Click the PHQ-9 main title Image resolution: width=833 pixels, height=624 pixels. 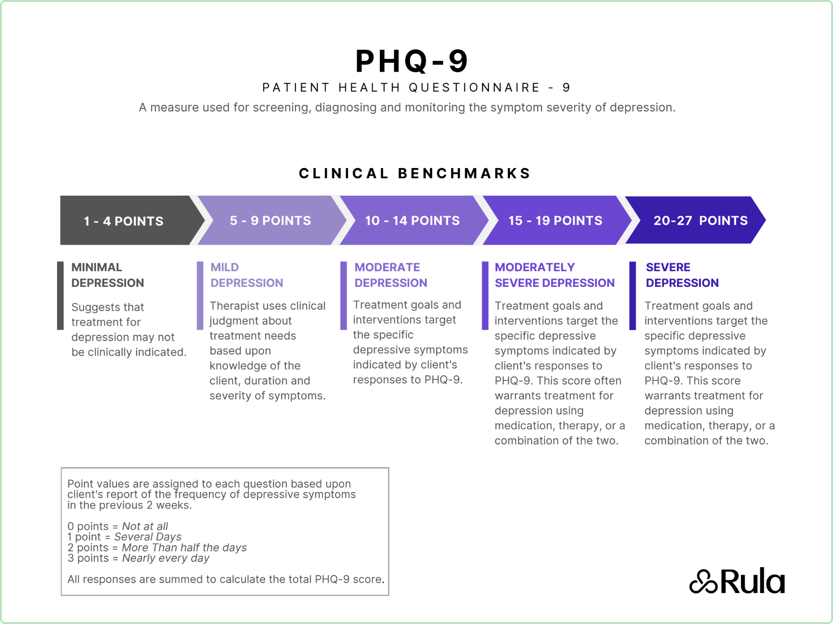coord(412,61)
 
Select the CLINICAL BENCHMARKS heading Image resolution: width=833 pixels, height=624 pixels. coord(415,173)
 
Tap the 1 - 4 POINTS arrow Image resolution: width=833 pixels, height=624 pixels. coord(124,221)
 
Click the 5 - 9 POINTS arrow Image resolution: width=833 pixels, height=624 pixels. coord(270,220)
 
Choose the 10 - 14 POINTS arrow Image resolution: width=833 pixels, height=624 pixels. coord(412,220)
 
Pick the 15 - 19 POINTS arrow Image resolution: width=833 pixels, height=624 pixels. coord(555,220)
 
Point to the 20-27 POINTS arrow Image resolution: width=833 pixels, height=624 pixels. coord(700,220)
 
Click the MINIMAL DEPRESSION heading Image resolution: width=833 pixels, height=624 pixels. coord(107,275)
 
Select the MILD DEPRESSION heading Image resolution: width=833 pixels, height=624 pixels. coord(246,275)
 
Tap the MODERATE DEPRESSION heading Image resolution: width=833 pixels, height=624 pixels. coord(390,275)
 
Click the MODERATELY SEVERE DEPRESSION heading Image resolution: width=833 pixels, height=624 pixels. coord(554,275)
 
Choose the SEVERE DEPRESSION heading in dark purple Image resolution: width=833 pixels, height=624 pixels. coord(682,275)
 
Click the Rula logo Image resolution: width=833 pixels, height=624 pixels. coord(737,581)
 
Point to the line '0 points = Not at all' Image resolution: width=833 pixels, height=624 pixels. coord(118,526)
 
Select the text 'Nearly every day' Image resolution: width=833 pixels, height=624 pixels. coord(166,558)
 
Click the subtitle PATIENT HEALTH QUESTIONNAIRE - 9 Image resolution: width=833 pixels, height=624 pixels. coord(416,88)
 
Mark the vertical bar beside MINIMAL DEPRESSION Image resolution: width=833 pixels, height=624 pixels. coord(60,295)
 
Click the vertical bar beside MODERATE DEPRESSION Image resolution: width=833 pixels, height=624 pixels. coord(343,295)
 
